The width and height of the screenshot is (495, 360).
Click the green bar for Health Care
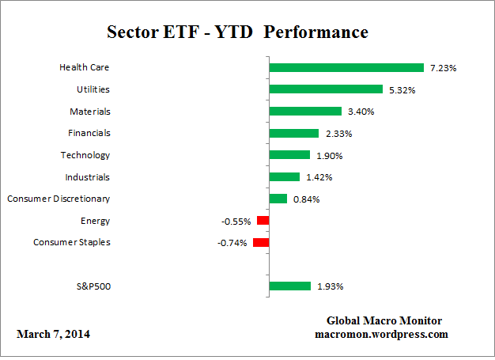pyautogui.click(x=346, y=67)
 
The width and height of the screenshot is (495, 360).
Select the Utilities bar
pyautogui.click(x=326, y=89)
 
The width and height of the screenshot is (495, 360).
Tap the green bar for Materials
pyautogui.click(x=305, y=112)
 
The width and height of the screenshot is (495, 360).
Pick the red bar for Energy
pyautogui.click(x=263, y=221)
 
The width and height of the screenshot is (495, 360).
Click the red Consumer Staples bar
pyautogui.click(x=261, y=242)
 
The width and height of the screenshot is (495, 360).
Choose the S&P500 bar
pyautogui.click(x=289, y=286)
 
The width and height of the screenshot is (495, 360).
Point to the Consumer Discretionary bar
pyautogui.click(x=278, y=199)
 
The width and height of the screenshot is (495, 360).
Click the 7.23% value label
pyautogui.click(x=444, y=68)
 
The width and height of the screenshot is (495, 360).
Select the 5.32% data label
pyautogui.click(x=402, y=89)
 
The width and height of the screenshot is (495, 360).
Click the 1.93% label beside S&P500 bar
pyautogui.click(x=330, y=286)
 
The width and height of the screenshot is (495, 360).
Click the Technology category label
pyautogui.click(x=85, y=155)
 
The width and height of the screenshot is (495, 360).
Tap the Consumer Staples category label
pyautogui.click(x=72, y=242)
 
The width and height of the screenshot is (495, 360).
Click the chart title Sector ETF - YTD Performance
pyautogui.click(x=237, y=33)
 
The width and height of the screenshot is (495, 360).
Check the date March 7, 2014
pyautogui.click(x=54, y=335)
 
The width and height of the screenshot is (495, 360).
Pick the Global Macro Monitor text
pyautogui.click(x=384, y=320)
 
